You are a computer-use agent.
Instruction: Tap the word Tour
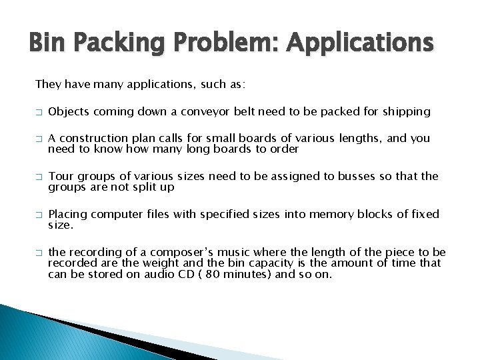61,176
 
